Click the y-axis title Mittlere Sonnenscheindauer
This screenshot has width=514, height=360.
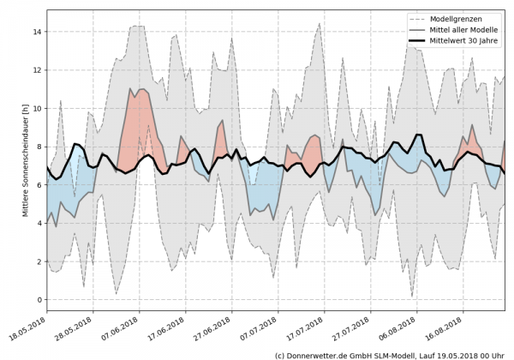[26, 164]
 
